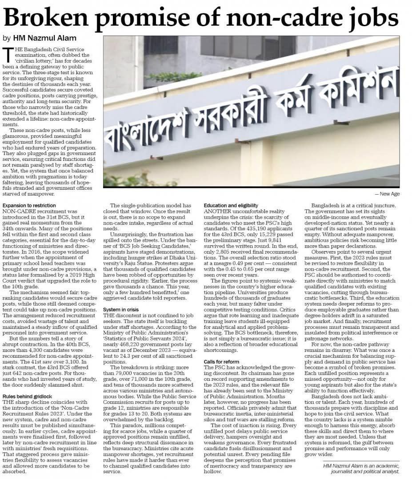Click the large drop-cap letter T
(8, 55)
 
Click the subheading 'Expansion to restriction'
(29, 205)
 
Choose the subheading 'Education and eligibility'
(231, 205)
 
